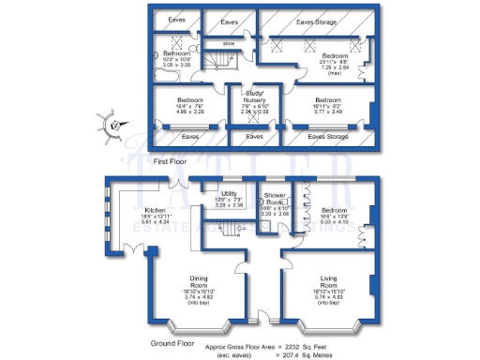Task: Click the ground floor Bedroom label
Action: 336,212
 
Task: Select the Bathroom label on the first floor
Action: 177,54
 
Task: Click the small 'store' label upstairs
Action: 229,43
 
